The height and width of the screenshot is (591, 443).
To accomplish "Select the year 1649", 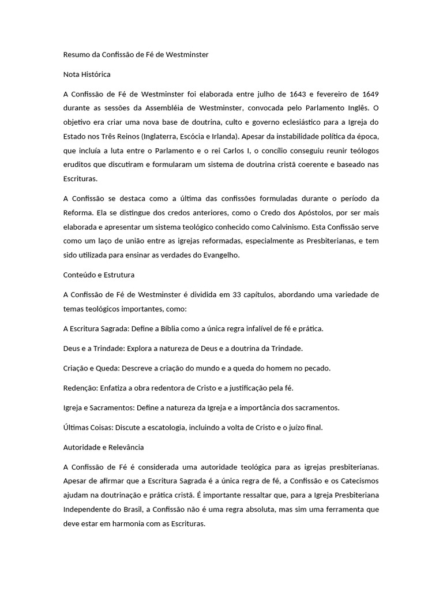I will point(369,93).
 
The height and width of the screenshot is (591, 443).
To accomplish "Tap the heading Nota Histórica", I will point(87,74).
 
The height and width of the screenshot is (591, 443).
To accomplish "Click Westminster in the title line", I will point(187,55).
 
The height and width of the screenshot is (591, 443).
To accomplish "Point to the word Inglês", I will point(351,108).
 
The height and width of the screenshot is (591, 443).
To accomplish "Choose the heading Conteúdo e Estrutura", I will point(98,275).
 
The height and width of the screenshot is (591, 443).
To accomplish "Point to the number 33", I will point(236,294).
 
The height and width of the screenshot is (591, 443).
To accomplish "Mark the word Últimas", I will point(76,427).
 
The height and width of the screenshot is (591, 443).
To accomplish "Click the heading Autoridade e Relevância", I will point(103,447).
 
